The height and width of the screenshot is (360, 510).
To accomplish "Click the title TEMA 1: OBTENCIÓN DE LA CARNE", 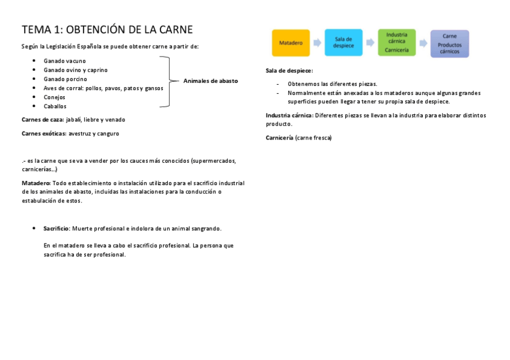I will coord(107,30).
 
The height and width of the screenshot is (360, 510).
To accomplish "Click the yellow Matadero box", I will coord(290,43).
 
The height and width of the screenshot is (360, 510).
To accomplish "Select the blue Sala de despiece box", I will coord(343,43).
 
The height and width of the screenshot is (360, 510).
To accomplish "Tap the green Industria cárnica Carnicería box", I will coord(396,43).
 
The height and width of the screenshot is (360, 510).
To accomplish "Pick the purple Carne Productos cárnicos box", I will coord(449,43).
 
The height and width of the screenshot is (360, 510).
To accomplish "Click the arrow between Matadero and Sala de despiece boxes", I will coord(317,43).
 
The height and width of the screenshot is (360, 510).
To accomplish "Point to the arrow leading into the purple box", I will coord(423,43).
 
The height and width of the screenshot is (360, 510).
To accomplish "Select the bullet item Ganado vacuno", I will coord(64,61).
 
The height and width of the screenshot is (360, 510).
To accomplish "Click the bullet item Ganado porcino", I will coord(65,79).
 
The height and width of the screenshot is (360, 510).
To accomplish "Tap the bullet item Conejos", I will coord(54,97).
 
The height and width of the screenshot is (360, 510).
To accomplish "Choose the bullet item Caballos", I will coord(55,106).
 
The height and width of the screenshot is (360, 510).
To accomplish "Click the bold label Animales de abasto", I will coord(210,81).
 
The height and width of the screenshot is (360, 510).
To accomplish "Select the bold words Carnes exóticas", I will coord(43,133).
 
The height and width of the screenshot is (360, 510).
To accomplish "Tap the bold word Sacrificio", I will coord(56,228).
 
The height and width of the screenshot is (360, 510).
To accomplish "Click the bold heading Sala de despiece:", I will coord(289,70).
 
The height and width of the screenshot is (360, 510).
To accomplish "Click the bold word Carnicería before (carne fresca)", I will coord(279,138).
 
